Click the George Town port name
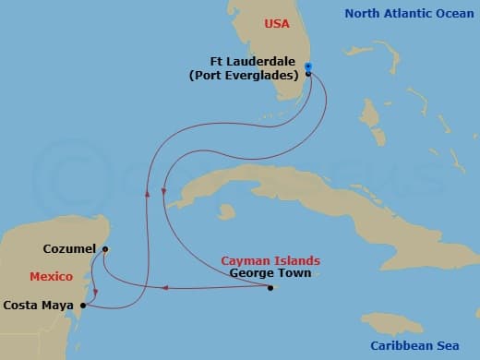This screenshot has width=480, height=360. coord(269,273)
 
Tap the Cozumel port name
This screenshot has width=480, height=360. coord(69,249)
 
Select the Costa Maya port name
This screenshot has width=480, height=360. coord(39,304)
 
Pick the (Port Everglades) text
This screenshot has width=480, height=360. coord(246,76)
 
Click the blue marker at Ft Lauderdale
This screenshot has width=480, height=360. coord(308,67)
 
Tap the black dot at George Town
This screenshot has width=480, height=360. coord(270,288)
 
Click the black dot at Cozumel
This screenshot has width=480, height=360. coord(105,249)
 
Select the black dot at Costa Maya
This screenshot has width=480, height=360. coord(83,305)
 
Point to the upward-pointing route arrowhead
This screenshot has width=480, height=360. coord(146,192)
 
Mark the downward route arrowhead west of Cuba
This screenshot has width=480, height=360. coord(163,192)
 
